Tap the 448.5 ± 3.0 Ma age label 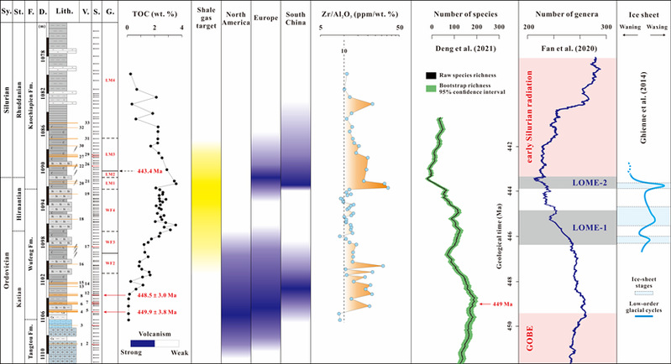[152, 294]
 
